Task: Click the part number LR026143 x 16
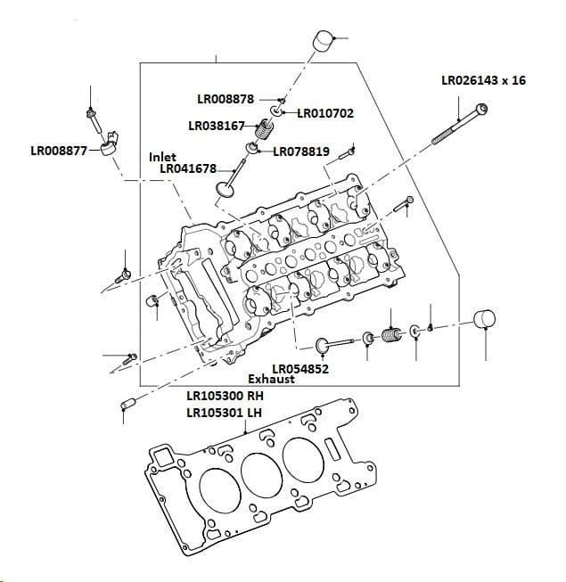click(483, 80)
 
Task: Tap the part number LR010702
click(325, 113)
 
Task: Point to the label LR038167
click(217, 126)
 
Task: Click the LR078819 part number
click(301, 152)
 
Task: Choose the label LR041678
click(188, 168)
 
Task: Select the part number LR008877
click(59, 151)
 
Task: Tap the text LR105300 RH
click(226, 395)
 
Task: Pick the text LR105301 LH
click(225, 412)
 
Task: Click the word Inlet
click(162, 157)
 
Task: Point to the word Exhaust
click(271, 380)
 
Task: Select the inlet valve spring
click(262, 134)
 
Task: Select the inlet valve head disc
click(226, 189)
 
